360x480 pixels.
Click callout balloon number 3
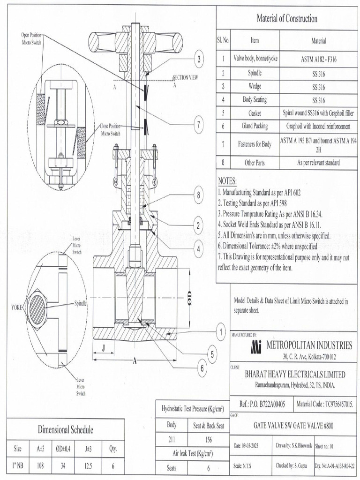pos(199,60)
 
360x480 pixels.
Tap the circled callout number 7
pos(199,124)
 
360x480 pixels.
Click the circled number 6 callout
pos(202,368)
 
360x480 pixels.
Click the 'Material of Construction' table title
pos(287,19)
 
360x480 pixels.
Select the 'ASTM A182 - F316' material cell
pos(312,59)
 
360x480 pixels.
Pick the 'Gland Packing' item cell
pos(255,126)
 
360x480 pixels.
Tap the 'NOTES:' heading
pos(228,181)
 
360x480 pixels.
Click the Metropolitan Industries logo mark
pos(255,346)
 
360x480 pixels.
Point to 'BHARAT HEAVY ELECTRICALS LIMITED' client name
pos(295,375)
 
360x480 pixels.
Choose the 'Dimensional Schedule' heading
pos(65,429)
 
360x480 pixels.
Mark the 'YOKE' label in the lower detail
pos(16,308)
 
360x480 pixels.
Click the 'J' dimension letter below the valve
pos(102,347)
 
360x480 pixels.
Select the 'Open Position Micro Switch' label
pos(32,38)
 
